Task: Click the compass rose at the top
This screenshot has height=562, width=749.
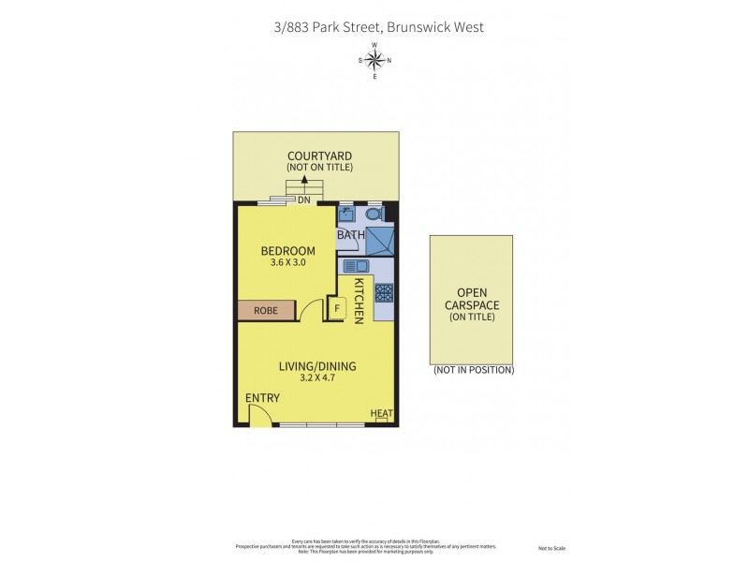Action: point(374,61)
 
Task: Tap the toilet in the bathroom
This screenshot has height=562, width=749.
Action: point(374,214)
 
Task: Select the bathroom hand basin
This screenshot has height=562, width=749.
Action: point(345,214)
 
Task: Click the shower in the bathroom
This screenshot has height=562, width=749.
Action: point(379,241)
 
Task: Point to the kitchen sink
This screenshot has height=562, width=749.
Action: point(356,266)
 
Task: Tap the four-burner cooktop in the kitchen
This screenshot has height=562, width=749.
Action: point(383,294)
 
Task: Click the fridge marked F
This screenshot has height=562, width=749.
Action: point(336,308)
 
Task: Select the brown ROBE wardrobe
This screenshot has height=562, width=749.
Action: point(267,310)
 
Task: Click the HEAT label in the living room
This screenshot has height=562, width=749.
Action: point(381,413)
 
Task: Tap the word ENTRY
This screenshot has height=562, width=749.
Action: point(262,398)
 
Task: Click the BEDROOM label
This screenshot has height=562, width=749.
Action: point(287,250)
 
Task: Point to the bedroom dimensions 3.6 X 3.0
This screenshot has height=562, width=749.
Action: point(287,263)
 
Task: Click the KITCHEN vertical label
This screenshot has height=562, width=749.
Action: point(359,300)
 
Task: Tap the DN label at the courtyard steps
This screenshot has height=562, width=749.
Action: point(304,200)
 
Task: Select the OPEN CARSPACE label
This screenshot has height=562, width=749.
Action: point(472,298)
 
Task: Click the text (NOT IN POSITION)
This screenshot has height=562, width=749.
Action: point(473,370)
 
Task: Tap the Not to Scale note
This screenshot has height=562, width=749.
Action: point(551,548)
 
